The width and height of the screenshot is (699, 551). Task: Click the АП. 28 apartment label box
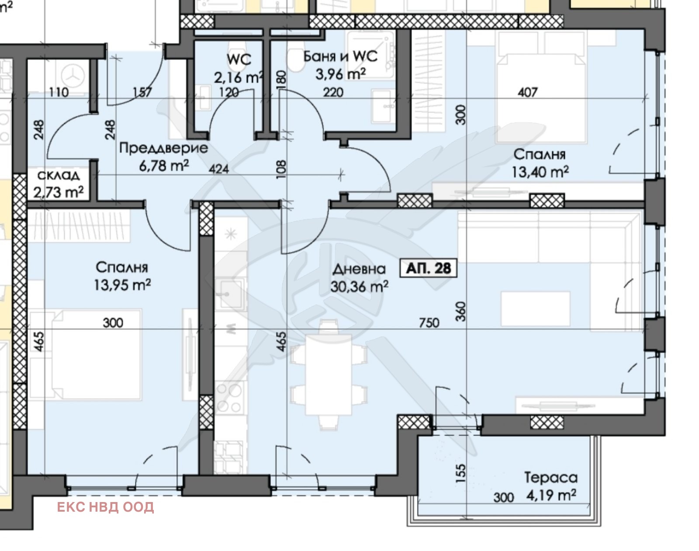pyautogui.click(x=428, y=268)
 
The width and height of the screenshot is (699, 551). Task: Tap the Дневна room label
pyautogui.click(x=359, y=269)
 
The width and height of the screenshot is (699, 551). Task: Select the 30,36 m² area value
pyautogui.click(x=359, y=287)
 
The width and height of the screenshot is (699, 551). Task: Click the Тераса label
pyautogui.click(x=551, y=478)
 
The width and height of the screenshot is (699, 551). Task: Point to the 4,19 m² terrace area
pyautogui.click(x=551, y=495)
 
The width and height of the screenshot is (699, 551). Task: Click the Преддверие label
pyautogui.click(x=164, y=148)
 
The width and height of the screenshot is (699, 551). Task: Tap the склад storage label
pyautogui.click(x=59, y=176)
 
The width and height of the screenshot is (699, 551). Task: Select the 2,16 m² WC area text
pyautogui.click(x=239, y=77)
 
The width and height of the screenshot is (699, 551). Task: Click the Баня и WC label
pyautogui.click(x=340, y=56)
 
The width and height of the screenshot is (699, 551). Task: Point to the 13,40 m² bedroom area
pyautogui.click(x=540, y=172)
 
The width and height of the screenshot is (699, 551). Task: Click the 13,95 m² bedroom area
pyautogui.click(x=122, y=285)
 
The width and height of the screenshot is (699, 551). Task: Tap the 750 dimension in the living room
pyautogui.click(x=429, y=323)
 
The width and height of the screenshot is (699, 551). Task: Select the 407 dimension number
pyautogui.click(x=527, y=93)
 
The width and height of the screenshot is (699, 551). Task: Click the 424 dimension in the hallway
pyautogui.click(x=218, y=169)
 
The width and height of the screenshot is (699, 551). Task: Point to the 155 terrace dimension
pyautogui.click(x=460, y=473)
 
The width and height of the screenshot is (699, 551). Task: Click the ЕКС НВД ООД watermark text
pyautogui.click(x=105, y=507)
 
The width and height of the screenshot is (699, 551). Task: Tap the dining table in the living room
pyautogui.click(x=329, y=374)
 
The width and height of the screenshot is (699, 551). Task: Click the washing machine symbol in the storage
pyautogui.click(x=73, y=76)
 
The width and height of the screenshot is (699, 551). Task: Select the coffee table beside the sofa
pyautogui.click(x=536, y=308)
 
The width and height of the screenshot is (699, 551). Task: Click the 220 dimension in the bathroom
pyautogui.click(x=333, y=93)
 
